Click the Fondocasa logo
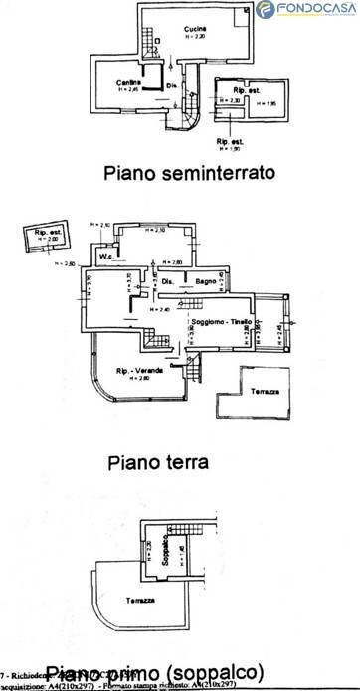point(305,10)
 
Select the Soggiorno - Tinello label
point(221,324)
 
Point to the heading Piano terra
point(161,462)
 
